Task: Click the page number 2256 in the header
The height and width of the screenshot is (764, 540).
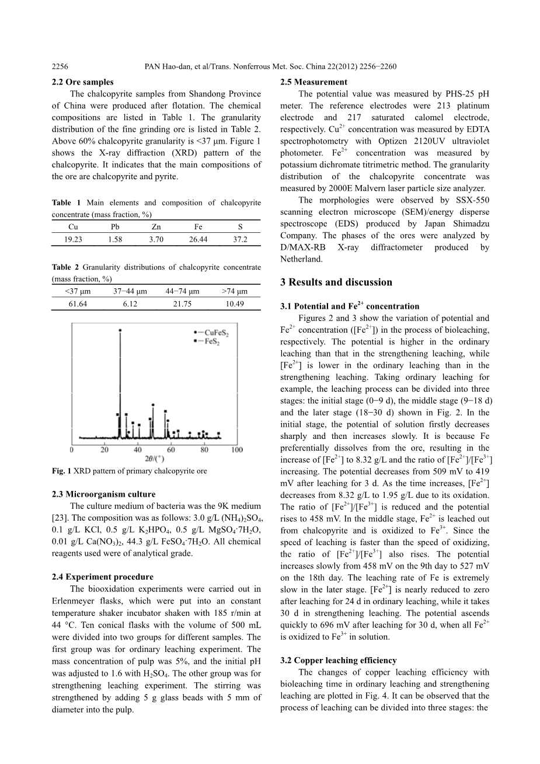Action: tap(61, 67)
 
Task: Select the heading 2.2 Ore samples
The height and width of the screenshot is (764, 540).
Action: tap(83, 82)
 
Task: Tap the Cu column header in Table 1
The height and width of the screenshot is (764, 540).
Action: tap(73, 227)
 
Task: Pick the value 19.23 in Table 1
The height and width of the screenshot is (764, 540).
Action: tap(75, 239)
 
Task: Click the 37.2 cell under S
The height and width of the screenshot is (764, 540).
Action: tap(240, 239)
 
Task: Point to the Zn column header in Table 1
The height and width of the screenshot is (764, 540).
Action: tap(156, 227)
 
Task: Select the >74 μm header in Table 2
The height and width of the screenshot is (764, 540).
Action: tap(235, 291)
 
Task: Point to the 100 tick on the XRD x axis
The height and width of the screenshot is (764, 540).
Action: tap(236, 450)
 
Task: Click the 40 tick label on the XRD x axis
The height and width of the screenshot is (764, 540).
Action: tap(138, 450)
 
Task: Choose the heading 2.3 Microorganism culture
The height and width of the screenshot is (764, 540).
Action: tap(102, 494)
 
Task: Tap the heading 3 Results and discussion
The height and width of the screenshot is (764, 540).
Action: tap(336, 282)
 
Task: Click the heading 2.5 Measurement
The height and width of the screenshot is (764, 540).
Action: tap(313, 82)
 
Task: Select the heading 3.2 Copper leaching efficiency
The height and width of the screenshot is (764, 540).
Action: tap(339, 661)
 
